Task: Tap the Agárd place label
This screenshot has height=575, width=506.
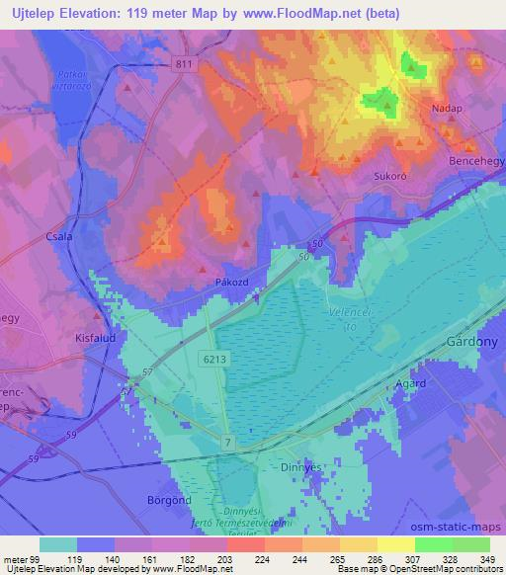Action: pyautogui.click(x=410, y=383)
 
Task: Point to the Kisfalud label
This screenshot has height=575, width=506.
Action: pyautogui.click(x=97, y=336)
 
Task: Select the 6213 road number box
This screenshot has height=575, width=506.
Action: pyautogui.click(x=217, y=362)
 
